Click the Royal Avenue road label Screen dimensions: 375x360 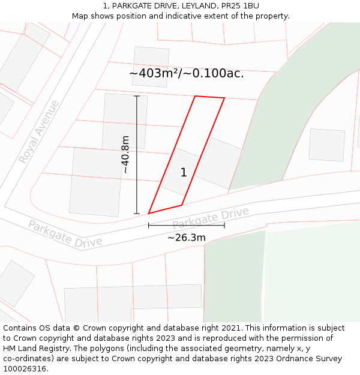coord(39,132)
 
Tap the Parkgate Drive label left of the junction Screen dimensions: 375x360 coord(65,234)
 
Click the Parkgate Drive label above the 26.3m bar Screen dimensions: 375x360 coord(211,218)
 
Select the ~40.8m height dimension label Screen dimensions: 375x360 coord(125,155)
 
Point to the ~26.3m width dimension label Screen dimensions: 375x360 coord(186,238)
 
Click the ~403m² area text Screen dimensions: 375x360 coord(186,73)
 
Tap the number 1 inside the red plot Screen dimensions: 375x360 coord(184,173)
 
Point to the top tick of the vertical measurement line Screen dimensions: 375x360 coord(137,96)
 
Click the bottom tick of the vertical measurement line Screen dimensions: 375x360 coord(137,214)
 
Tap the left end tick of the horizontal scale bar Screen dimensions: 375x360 coord(149,226)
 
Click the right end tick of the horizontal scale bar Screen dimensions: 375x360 coord(224,226)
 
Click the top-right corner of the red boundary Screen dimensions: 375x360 coord(224,98)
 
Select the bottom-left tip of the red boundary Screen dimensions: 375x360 coord(149,213)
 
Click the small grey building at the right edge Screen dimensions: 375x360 coord(326,145)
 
